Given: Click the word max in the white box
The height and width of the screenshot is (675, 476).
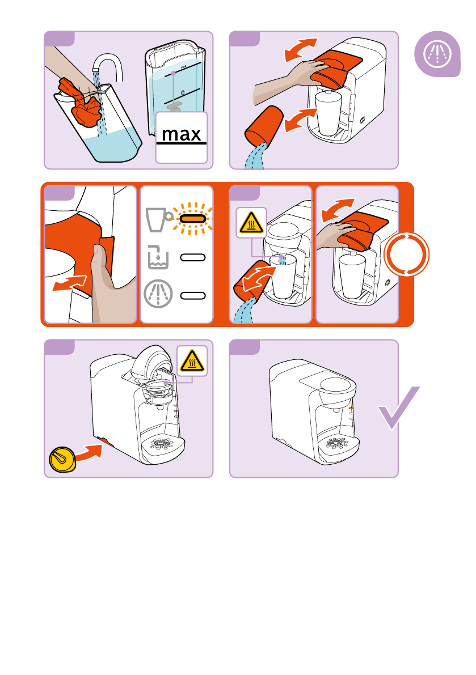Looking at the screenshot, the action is [182, 134].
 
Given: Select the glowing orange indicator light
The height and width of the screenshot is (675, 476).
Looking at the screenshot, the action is [192, 218].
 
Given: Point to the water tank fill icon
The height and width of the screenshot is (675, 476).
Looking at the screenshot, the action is [156, 257].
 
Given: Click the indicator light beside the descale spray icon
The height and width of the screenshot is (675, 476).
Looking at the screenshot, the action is [192, 295].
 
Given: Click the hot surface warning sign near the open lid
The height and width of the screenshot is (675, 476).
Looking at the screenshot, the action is [192, 359].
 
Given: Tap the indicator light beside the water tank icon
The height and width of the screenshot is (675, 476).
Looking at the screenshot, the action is [192, 257].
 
